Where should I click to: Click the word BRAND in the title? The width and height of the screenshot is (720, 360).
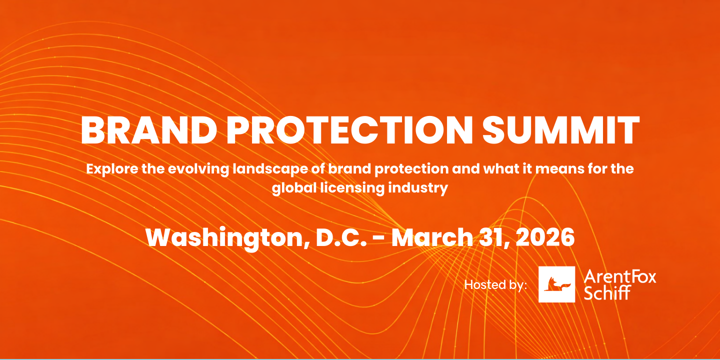pyautogui.click(x=149, y=130)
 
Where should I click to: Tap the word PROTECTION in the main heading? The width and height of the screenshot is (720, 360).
pyautogui.click(x=349, y=130)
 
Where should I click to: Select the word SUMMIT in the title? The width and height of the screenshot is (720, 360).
pyautogui.click(x=561, y=130)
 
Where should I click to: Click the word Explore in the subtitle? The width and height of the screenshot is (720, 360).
pyautogui.click(x=112, y=169)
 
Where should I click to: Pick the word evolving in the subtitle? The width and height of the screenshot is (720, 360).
pyautogui.click(x=198, y=169)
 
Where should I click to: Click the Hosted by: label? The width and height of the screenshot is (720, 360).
pyautogui.click(x=495, y=285)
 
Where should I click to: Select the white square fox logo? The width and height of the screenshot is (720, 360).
pyautogui.click(x=556, y=284)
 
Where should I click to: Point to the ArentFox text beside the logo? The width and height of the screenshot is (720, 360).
pyautogui.click(x=620, y=276)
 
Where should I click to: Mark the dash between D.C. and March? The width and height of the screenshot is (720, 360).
pyautogui.click(x=379, y=239)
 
